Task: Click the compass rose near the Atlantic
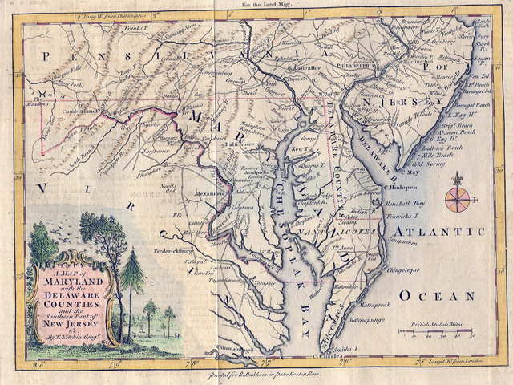(458, 195)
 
